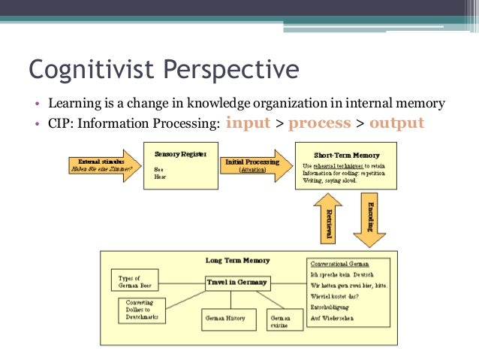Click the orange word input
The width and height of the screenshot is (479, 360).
point(248,123)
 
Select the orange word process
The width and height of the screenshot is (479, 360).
point(320,123)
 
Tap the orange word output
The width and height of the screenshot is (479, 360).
point(396,123)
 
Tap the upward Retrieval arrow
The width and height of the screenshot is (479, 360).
point(327,219)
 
